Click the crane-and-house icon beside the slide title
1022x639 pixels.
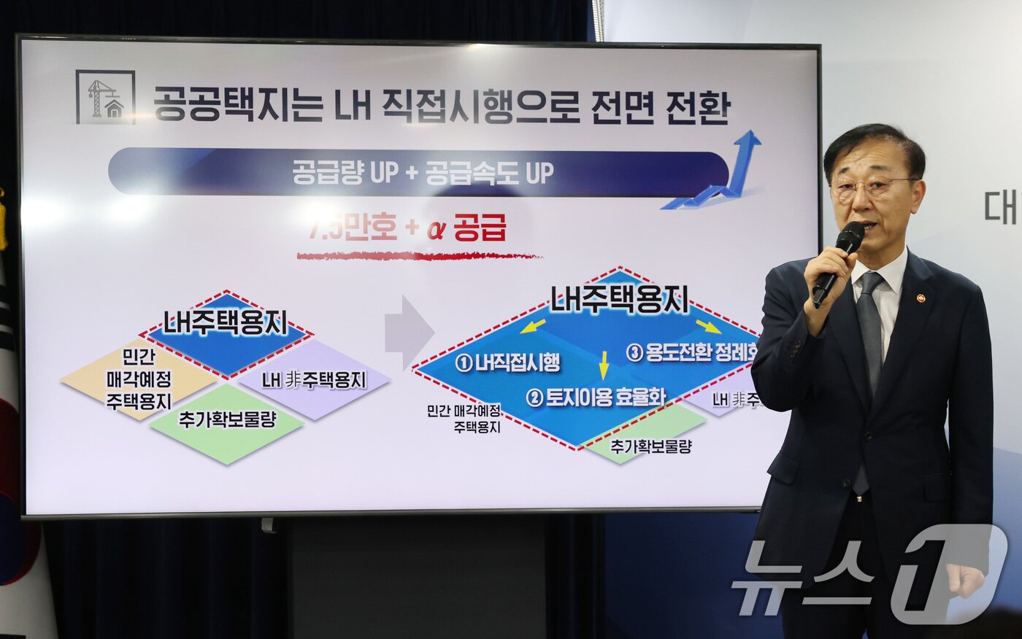(105, 97)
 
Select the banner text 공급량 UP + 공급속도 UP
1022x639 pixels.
(423, 173)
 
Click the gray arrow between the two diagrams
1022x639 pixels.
(409, 332)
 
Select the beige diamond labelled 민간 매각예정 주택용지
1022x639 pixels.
(139, 379)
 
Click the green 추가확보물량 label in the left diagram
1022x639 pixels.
(226, 421)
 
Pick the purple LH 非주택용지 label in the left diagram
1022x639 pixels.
(314, 380)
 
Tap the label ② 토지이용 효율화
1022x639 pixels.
(596, 398)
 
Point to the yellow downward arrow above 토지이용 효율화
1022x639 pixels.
(604, 365)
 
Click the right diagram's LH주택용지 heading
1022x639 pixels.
(619, 299)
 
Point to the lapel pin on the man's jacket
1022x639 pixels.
(921, 298)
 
